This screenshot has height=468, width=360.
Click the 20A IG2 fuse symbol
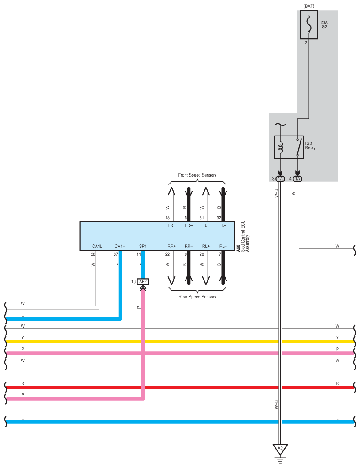point(308,25)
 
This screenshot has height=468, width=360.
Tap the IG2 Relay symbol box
point(289,147)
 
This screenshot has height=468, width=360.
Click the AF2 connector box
point(143,282)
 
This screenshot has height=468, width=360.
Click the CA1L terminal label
point(97,246)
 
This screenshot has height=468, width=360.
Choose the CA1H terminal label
point(120,246)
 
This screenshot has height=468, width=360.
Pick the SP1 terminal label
point(143,246)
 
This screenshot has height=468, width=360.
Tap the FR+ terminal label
point(171,225)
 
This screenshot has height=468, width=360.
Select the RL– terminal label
point(223,246)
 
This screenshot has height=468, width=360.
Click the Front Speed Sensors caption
point(197,175)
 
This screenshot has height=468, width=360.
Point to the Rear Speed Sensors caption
point(197,297)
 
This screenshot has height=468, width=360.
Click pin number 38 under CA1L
point(93,254)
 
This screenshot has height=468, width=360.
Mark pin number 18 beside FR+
point(167,217)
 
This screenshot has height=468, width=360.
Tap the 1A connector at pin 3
point(280,179)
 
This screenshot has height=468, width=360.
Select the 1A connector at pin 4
point(298,179)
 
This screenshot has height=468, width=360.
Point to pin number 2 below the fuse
point(305,43)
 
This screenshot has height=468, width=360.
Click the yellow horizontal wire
point(176,342)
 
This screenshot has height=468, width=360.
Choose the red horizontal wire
point(176,387)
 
